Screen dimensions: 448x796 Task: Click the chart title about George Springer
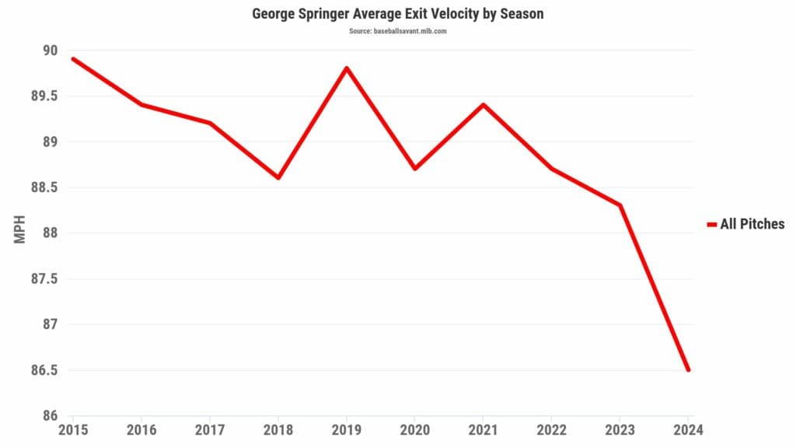[397, 14]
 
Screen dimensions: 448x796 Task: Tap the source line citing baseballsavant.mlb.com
[397, 31]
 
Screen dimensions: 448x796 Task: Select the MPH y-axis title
[20, 232]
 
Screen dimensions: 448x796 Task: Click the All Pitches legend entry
[746, 224]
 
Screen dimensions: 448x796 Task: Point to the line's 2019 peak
[347, 68]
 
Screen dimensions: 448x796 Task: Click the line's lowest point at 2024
[688, 369]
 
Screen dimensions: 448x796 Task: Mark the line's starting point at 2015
[73, 59]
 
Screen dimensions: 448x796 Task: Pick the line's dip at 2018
[278, 177]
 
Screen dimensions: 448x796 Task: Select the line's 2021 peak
[483, 104]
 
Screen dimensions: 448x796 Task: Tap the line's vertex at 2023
[620, 205]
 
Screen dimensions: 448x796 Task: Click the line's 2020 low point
[415, 168]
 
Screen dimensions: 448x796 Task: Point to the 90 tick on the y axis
[51, 51]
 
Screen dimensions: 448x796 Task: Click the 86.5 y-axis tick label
[44, 370]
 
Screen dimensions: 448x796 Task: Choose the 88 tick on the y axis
[51, 233]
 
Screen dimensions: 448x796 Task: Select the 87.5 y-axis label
[44, 279]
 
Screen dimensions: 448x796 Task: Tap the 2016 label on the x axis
[141, 430]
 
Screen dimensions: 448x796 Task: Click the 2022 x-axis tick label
[551, 430]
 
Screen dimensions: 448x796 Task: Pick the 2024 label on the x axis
[687, 430]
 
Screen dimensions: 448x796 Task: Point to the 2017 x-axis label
[210, 430]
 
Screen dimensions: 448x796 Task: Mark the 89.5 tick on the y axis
[44, 96]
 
